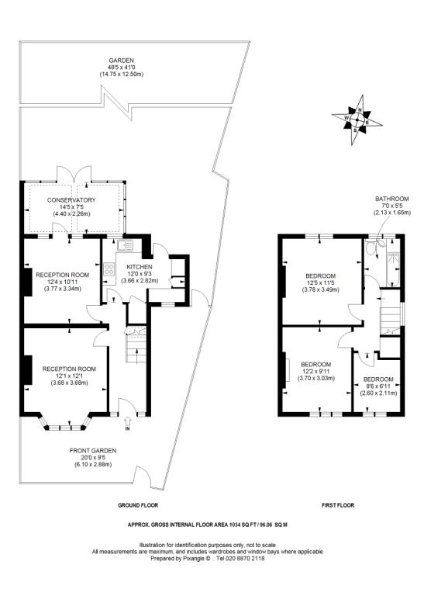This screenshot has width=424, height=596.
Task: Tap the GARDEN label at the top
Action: (121, 60)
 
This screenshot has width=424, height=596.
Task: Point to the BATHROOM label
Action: (390, 199)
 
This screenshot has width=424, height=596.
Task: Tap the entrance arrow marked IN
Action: (127, 423)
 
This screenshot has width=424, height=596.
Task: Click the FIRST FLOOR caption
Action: (337, 505)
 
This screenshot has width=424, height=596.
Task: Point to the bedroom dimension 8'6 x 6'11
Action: (378, 386)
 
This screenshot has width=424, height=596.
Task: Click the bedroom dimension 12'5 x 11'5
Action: (319, 284)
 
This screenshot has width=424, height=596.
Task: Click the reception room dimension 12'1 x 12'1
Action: (69, 376)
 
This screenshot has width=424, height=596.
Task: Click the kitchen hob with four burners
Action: (110, 271)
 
